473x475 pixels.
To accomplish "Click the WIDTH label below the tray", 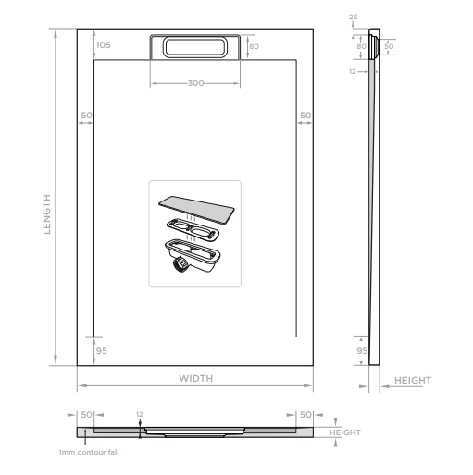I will point(196,378).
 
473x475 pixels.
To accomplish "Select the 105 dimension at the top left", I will point(103,45).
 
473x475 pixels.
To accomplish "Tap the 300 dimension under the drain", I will point(195,83).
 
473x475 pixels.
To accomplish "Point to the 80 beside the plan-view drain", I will point(253,45).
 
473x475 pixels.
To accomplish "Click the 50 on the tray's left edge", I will point(86,116).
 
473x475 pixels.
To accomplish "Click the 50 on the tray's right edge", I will point(305,116).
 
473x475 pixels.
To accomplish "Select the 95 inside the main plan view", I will point(102,350).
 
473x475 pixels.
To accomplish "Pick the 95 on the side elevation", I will point(362,350).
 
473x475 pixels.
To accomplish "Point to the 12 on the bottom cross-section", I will point(140,414).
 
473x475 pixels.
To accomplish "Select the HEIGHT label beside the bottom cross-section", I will point(344,432).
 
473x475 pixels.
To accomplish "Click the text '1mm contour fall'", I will point(89,452).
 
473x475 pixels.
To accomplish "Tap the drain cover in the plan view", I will point(195,47).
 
